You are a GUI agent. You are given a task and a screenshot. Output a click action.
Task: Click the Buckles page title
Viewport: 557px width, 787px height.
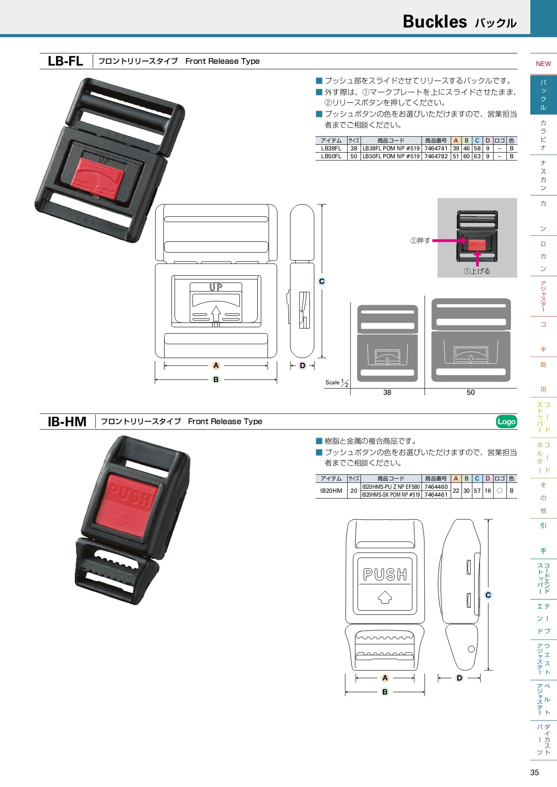pyautogui.click(x=434, y=21)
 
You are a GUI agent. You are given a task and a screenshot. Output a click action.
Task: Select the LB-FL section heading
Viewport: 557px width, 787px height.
pyautogui.click(x=65, y=61)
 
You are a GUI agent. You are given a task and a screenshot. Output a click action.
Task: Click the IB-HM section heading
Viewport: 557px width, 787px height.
pyautogui.click(x=67, y=421)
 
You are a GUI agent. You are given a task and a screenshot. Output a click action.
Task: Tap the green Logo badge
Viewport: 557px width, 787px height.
pyautogui.click(x=506, y=421)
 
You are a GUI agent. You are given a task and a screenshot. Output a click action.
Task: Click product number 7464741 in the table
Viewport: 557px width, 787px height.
pyautogui.click(x=436, y=148)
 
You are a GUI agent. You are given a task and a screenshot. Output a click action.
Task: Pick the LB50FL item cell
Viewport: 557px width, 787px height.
pyautogui.click(x=331, y=156)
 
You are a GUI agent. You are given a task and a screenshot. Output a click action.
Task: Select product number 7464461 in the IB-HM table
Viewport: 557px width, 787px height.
pyautogui.click(x=436, y=494)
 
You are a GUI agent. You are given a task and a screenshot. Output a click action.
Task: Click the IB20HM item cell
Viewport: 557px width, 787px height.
pyautogui.click(x=331, y=491)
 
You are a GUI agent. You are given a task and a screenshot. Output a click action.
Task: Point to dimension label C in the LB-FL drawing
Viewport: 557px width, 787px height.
pyautogui.click(x=322, y=281)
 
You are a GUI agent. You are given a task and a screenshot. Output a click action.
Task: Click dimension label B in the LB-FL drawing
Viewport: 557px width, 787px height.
pyautogui.click(x=216, y=380)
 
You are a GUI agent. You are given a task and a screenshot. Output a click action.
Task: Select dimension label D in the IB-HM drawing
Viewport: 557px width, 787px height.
pyautogui.click(x=459, y=678)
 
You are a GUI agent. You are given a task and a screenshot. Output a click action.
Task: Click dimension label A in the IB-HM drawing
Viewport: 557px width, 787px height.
pyautogui.click(x=385, y=678)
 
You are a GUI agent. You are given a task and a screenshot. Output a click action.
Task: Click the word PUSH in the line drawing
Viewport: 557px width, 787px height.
pyautogui.click(x=385, y=575)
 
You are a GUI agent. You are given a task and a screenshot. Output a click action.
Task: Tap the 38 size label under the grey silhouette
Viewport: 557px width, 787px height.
pyautogui.click(x=387, y=392)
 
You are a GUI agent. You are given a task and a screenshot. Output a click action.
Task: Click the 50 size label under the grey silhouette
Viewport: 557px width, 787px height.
pyautogui.click(x=471, y=392)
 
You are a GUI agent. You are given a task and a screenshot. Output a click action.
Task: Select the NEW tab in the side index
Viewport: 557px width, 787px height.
pyautogui.click(x=543, y=64)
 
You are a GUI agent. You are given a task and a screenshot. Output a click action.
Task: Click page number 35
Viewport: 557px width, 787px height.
pyautogui.click(x=535, y=772)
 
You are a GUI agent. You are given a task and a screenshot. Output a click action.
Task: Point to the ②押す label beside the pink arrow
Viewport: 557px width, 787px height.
pyautogui.click(x=420, y=240)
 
